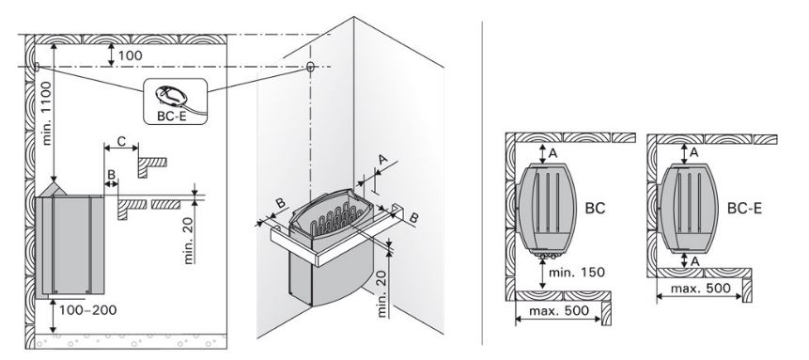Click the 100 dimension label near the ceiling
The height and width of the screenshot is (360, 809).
coord(131,55)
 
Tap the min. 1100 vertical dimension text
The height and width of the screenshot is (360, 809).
coord(46,113)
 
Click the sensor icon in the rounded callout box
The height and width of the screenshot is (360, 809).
coord(174,96)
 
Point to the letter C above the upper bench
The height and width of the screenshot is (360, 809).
coord(121,140)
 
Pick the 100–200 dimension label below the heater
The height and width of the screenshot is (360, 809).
coord(87,310)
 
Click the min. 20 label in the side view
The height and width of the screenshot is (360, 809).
coord(190,241)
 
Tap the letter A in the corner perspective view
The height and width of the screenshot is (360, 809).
coord(382,160)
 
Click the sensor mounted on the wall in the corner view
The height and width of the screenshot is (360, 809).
coord(310,66)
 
